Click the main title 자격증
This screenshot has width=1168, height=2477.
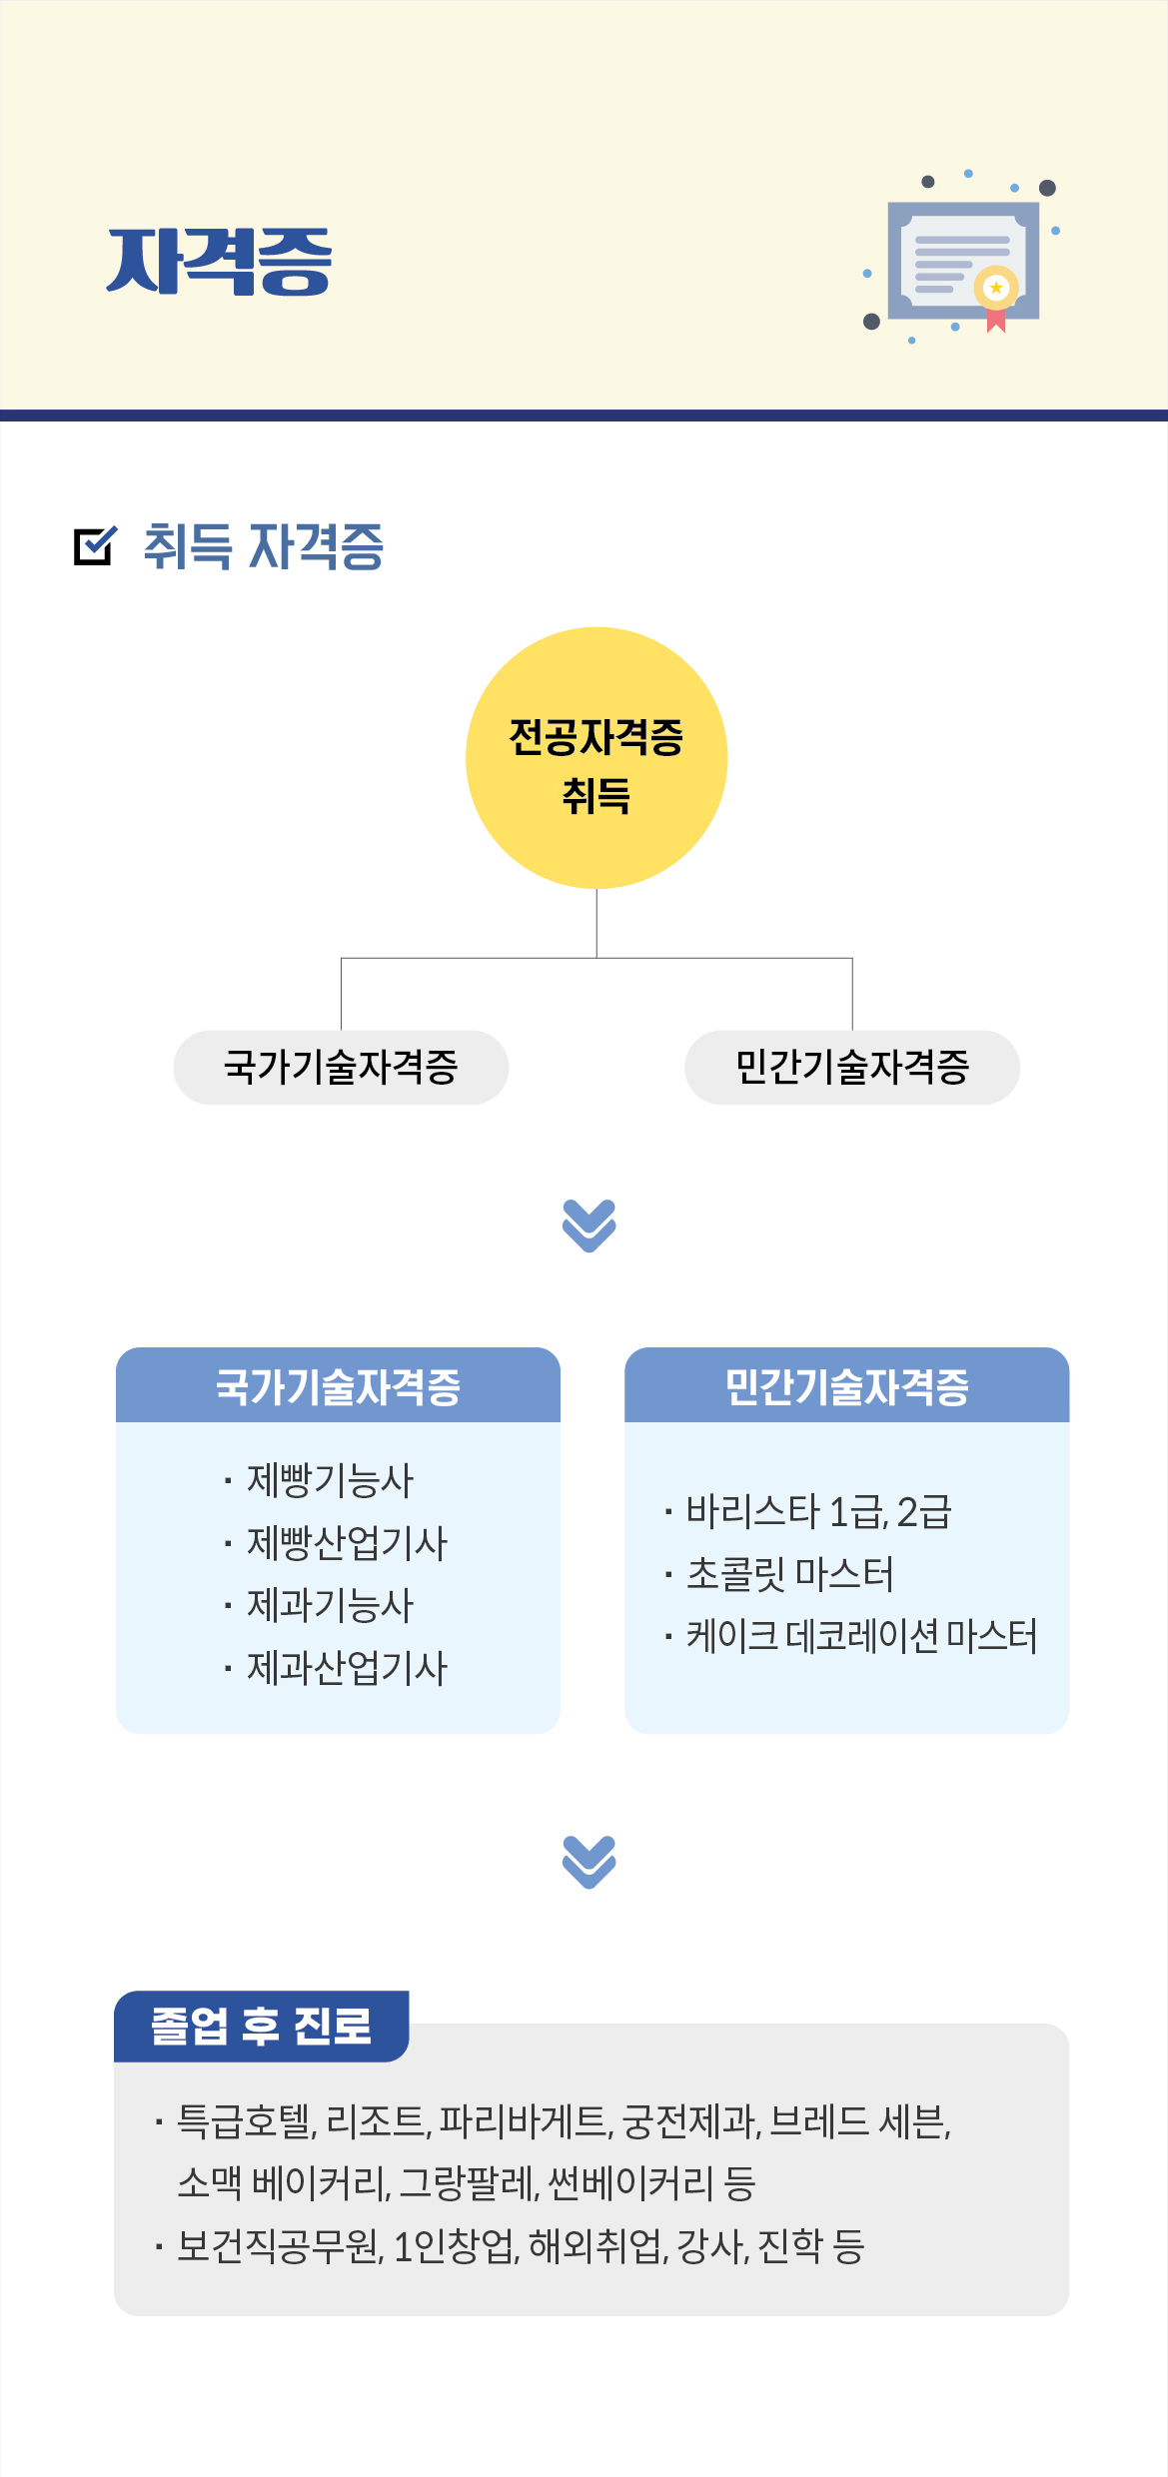click(x=219, y=262)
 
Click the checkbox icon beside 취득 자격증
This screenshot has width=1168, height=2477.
click(x=95, y=545)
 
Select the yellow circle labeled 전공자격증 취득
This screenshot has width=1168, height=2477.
click(x=596, y=758)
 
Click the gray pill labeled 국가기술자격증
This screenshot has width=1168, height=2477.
click(x=341, y=1067)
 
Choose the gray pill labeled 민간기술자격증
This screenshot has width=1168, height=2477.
click(x=852, y=1067)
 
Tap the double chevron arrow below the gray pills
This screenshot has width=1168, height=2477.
click(x=589, y=1226)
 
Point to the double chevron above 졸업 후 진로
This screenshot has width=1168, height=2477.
click(x=589, y=1862)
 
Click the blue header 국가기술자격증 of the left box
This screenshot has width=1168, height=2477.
click(x=338, y=1385)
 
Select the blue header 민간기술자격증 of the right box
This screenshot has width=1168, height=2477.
click(x=847, y=1385)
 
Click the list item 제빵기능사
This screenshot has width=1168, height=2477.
click(x=330, y=1480)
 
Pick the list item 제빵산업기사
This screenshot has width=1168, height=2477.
click(x=347, y=1543)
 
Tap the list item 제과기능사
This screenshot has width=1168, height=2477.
click(x=330, y=1605)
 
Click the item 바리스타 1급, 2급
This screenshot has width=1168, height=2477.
click(x=818, y=1512)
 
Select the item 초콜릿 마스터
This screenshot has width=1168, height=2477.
click(x=789, y=1574)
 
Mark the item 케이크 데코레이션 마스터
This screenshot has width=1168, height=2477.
click(x=861, y=1636)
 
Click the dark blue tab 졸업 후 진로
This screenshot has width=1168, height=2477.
click(x=262, y=2027)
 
